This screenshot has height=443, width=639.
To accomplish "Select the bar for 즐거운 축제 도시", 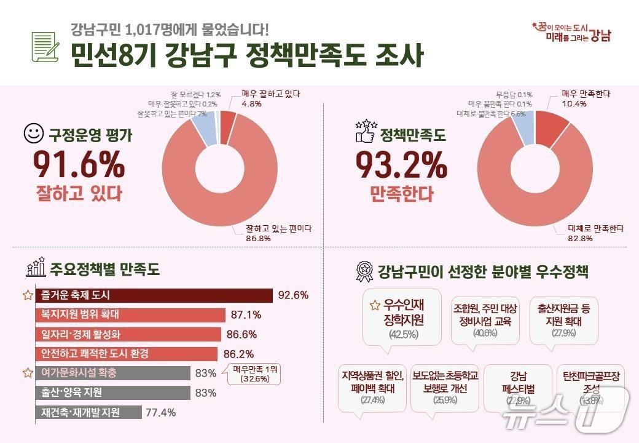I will [154, 295].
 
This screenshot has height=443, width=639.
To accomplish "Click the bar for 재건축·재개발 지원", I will [88, 412].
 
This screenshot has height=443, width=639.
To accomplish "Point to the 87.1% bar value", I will [246, 315].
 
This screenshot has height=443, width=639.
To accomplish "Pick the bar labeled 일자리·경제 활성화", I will [128, 334].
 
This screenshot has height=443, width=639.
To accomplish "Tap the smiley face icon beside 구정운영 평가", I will [33, 133].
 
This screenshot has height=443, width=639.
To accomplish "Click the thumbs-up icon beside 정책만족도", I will [365, 132].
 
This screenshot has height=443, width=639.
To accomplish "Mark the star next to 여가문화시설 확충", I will [28, 373].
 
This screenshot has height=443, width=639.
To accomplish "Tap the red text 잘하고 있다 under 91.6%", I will [78, 194].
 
